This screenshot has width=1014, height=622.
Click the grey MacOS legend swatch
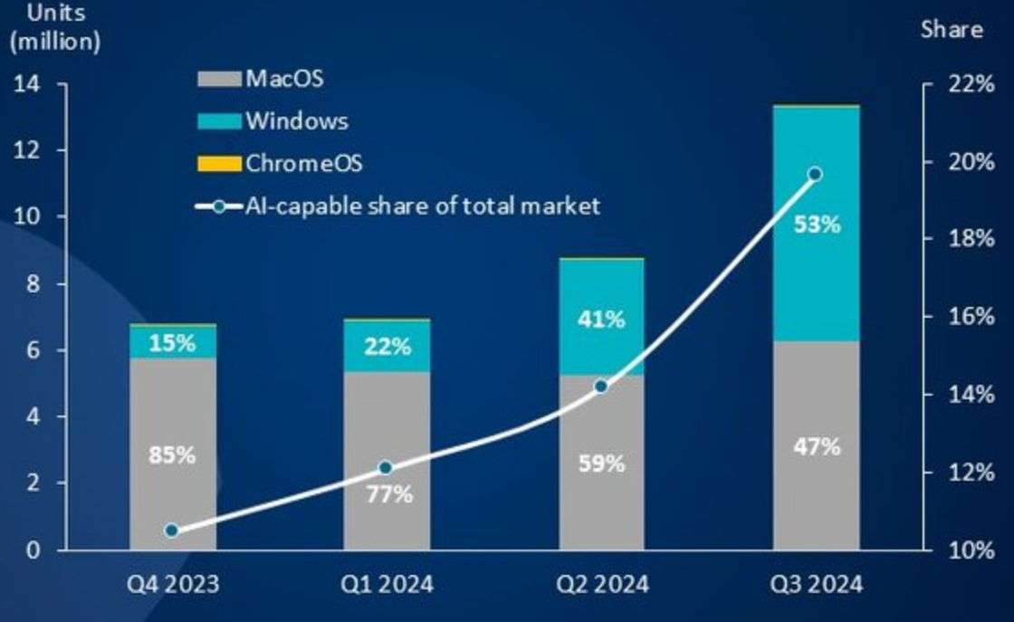[219, 79]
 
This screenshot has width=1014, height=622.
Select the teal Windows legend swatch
[219, 121]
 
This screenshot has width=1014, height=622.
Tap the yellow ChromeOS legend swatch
[219, 164]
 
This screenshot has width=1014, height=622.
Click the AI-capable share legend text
[422, 206]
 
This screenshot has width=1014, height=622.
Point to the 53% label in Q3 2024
[817, 224]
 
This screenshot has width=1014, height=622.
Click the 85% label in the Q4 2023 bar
[172, 455]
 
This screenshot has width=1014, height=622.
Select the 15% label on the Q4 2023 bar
[172, 343]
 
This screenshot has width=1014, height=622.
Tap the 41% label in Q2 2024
[601, 319]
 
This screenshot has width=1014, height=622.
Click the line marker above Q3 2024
[815, 174]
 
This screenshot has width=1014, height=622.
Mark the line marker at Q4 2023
[172, 531]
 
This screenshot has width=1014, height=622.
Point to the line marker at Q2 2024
[601, 387]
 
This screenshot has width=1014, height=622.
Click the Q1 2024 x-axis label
[387, 584]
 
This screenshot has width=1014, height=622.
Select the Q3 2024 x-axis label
[817, 584]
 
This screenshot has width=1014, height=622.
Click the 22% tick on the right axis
[971, 84]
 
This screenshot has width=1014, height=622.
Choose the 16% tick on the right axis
[971, 317]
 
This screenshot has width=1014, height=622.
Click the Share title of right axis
[952, 29]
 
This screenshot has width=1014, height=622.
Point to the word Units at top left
[35, 13]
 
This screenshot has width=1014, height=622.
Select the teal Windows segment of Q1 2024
[387, 347]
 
